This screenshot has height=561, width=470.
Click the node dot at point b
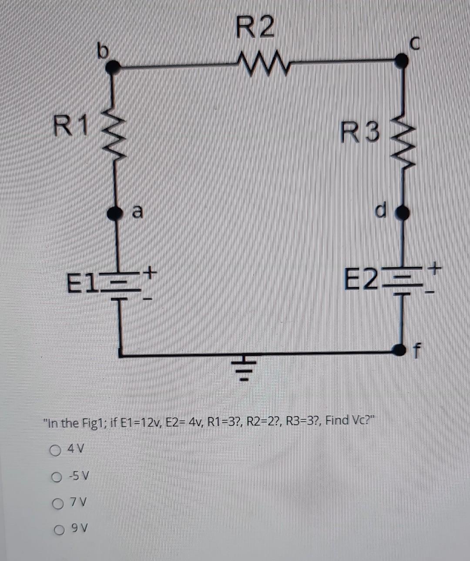click(114, 66)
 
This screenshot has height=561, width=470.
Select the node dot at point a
click(115, 212)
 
